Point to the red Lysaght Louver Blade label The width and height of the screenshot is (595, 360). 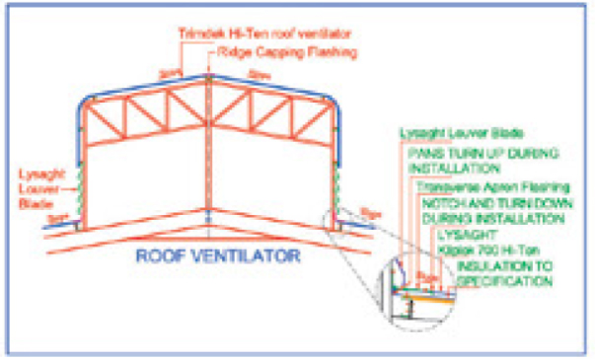click(37, 182)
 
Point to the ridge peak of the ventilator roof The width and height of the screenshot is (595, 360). click(210, 73)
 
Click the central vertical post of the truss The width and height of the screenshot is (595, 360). click(210, 148)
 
